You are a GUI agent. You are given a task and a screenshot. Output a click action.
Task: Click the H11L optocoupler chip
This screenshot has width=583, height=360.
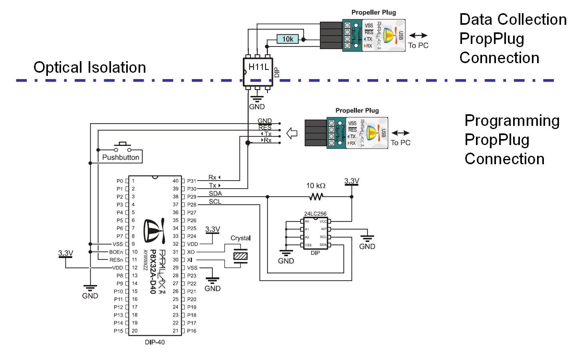258,72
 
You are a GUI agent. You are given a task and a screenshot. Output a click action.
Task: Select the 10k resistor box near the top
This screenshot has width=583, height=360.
288,39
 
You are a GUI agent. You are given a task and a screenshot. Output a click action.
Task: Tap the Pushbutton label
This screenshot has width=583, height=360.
121,157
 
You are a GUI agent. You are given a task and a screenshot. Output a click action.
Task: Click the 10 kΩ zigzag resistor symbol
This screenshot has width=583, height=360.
316,197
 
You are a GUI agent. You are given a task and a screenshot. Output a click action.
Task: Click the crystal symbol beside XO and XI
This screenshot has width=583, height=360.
240,256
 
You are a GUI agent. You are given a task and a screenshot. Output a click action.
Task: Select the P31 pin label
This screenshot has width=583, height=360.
192,181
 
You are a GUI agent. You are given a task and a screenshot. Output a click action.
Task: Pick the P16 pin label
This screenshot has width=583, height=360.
192,331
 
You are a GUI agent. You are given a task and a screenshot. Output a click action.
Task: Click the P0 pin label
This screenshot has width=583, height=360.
120,181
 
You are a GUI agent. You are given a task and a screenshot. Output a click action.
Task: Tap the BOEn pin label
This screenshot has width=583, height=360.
116,252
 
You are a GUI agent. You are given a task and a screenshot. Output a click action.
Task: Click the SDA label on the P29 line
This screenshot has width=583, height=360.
215,193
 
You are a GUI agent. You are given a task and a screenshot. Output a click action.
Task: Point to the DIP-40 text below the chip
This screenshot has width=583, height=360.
155,342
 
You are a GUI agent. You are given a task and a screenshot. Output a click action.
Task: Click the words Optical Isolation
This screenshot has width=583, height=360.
90,68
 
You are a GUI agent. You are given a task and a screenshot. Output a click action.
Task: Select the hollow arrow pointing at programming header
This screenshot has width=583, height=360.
292,133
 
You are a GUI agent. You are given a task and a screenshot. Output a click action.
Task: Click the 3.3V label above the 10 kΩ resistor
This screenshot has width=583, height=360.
352,181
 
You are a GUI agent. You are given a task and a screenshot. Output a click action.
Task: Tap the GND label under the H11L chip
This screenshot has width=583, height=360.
257,107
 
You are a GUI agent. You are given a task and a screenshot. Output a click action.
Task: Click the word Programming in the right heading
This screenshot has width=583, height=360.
512,121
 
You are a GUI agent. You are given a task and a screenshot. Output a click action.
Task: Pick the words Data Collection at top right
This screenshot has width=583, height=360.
513,20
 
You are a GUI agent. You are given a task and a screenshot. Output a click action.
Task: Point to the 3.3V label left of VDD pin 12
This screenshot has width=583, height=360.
65,253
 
